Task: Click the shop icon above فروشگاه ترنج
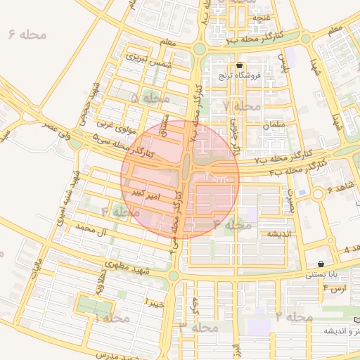(240, 65)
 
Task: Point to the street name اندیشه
(278, 233)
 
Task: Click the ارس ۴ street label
(335, 288)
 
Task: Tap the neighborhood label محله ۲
(293, 317)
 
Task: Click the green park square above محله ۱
(94, 306)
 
